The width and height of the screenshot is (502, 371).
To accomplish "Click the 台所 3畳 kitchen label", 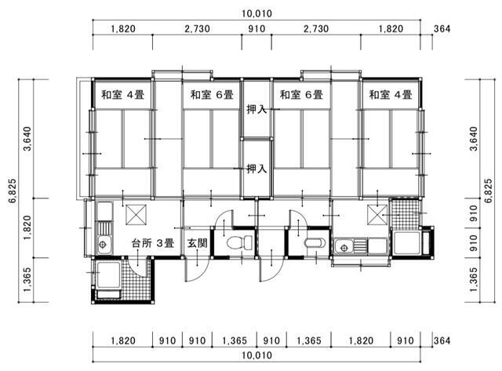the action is tap(153, 243).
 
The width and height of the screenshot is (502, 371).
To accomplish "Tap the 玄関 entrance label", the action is tap(197, 243).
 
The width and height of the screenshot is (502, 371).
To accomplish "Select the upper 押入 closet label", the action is tap(256, 110).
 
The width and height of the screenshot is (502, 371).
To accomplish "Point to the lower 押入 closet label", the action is tap(256, 169).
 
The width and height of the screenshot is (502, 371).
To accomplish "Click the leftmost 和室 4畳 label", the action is tap(123, 95).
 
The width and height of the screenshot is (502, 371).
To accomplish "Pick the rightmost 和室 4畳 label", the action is tap(391, 95).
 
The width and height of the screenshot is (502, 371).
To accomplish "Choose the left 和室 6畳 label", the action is tap(212, 95).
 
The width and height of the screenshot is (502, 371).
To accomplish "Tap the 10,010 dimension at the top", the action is tap(256, 14).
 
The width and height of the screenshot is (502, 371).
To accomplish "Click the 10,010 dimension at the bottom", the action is tap(256, 355).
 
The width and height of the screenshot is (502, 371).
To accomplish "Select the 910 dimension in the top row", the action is tap(256, 29).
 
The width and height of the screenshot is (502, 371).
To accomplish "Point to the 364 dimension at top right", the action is tap(442, 29).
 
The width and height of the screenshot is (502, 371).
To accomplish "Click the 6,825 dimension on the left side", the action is tap(13, 191).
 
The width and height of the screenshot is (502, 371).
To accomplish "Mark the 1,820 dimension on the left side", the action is tap(27, 228).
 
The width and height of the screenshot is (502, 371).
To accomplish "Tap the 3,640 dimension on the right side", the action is tap(474, 139).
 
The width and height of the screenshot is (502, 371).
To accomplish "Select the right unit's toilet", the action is tap(315, 243).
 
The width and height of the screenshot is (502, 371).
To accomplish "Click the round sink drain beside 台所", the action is tap(103, 245).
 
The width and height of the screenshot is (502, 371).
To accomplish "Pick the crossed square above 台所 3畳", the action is tap(136, 215).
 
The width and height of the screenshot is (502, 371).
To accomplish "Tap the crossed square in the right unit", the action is tap(377, 215).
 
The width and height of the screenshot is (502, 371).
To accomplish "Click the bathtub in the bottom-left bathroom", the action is tap(108, 275).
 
